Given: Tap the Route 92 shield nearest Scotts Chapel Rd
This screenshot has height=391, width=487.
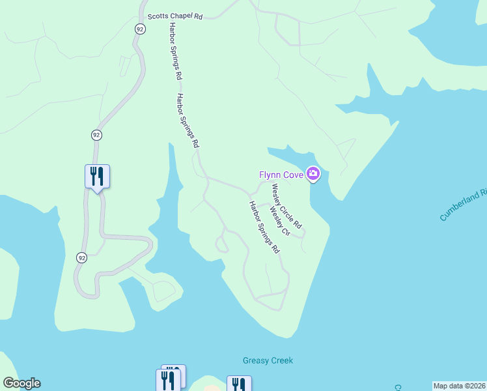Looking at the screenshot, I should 140,29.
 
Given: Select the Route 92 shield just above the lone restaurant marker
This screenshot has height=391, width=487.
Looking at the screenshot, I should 96,135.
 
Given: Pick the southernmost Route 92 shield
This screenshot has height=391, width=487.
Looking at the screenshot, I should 81,257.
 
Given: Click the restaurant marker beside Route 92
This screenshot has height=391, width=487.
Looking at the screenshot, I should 97,176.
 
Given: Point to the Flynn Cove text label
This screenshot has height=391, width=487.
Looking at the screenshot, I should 281,174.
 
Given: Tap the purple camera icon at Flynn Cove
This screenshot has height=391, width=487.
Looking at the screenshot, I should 313,173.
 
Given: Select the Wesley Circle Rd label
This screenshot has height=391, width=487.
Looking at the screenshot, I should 287,205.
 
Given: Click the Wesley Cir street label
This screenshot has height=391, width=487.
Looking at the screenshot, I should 279,222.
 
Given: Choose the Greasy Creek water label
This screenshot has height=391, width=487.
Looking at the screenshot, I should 268,360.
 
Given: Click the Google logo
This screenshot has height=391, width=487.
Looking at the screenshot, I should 21,383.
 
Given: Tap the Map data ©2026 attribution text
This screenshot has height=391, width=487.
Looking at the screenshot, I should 460,386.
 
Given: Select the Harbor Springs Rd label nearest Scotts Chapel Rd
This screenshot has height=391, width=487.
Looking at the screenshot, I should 174,51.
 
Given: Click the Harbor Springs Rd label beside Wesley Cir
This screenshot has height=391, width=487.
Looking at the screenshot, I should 264,227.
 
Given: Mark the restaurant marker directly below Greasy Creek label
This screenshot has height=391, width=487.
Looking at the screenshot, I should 239,384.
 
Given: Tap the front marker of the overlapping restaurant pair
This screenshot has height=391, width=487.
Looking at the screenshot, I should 167,381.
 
